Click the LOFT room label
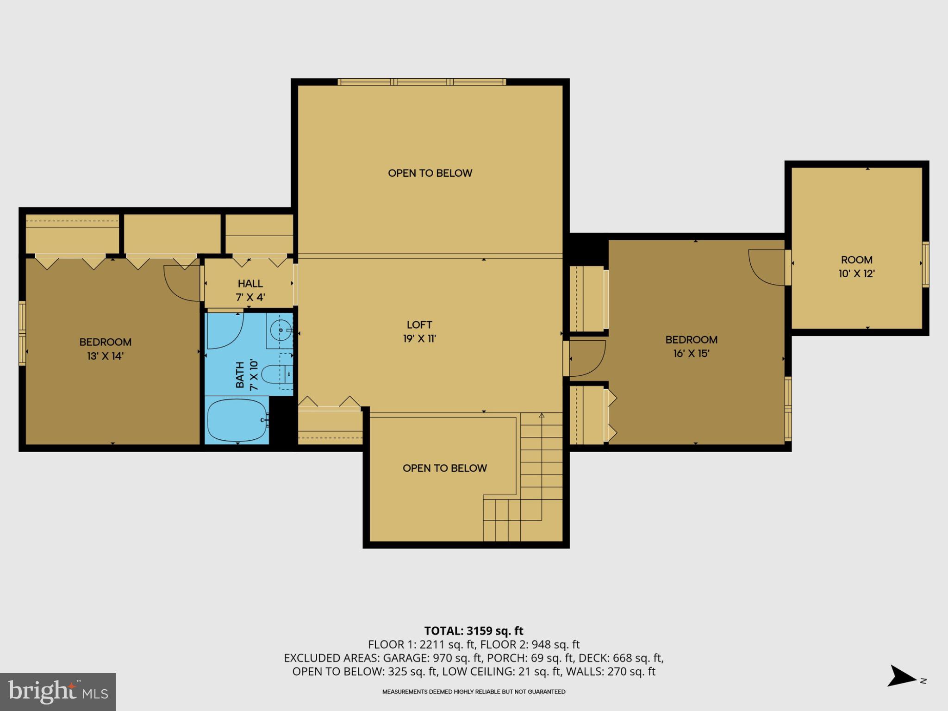coord(419,325)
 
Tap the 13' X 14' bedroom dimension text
coord(106,356)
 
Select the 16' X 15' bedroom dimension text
coord(691,354)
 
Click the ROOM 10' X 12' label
coord(856,267)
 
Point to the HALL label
coord(250,283)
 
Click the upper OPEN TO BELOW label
coord(430,173)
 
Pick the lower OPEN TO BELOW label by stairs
coord(444,468)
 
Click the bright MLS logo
coord(57,692)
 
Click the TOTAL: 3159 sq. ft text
coord(474,630)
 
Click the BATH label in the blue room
coord(240,375)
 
